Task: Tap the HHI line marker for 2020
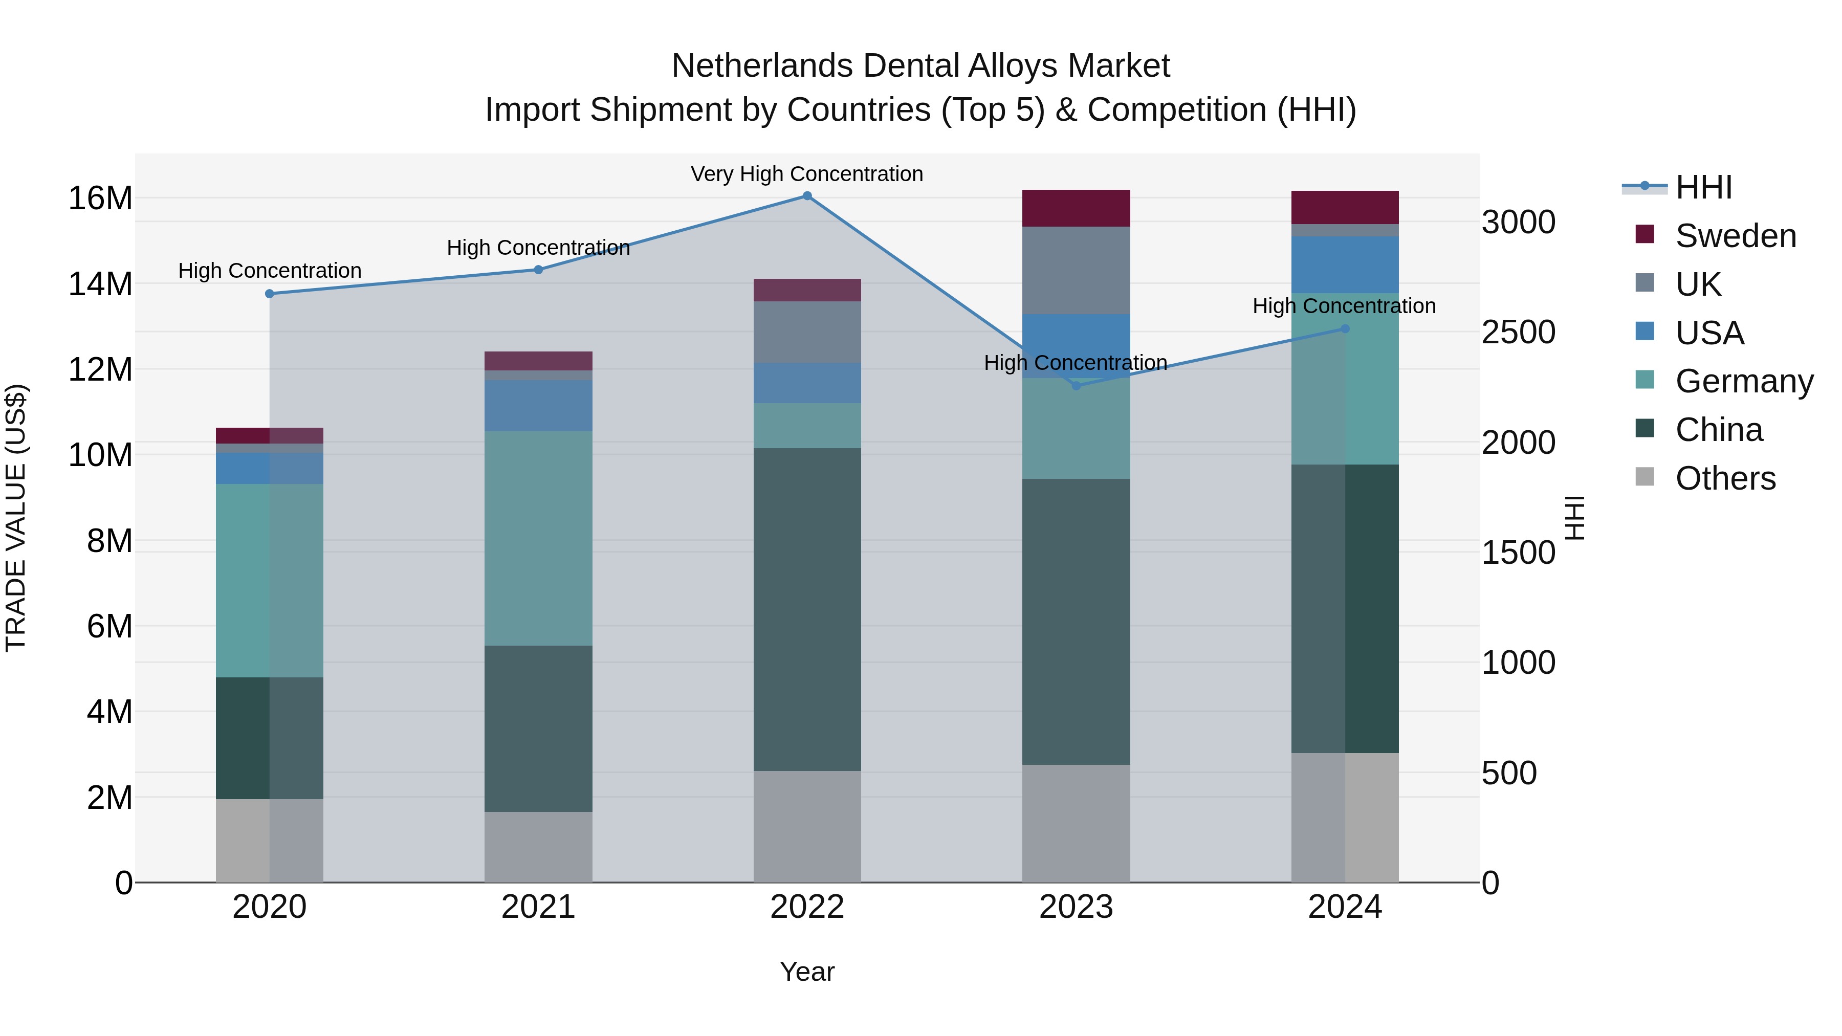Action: pos(270,294)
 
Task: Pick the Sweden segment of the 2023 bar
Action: pos(1076,208)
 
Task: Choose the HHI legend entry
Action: pos(1703,187)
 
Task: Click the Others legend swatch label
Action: pos(1725,478)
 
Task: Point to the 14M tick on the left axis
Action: pos(100,284)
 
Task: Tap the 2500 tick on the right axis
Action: pos(1518,333)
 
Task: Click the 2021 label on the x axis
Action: pos(538,907)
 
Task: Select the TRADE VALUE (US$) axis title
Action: pos(16,518)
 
